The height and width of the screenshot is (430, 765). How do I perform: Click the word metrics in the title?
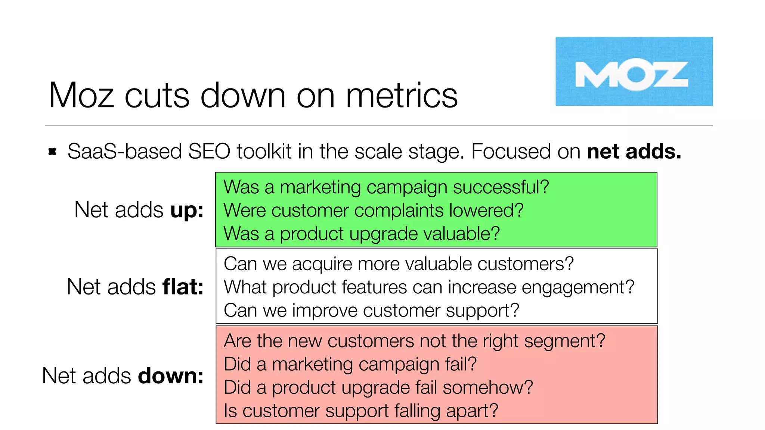(x=402, y=96)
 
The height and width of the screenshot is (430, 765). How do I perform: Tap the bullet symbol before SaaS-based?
(x=52, y=152)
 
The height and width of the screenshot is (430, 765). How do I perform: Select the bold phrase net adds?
(x=634, y=152)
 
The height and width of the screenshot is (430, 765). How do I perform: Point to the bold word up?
(x=187, y=211)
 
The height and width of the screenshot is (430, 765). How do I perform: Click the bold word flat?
(x=183, y=287)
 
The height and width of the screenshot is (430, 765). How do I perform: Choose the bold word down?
(x=171, y=376)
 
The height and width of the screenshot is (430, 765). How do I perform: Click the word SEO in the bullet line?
(x=209, y=152)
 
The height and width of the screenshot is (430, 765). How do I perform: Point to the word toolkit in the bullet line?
(x=264, y=152)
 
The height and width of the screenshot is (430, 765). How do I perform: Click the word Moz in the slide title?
(x=81, y=96)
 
